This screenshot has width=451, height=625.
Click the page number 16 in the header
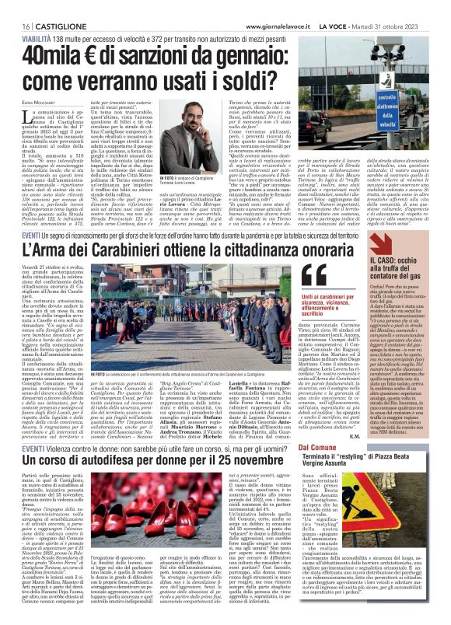pyautogui.click(x=14, y=6)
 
